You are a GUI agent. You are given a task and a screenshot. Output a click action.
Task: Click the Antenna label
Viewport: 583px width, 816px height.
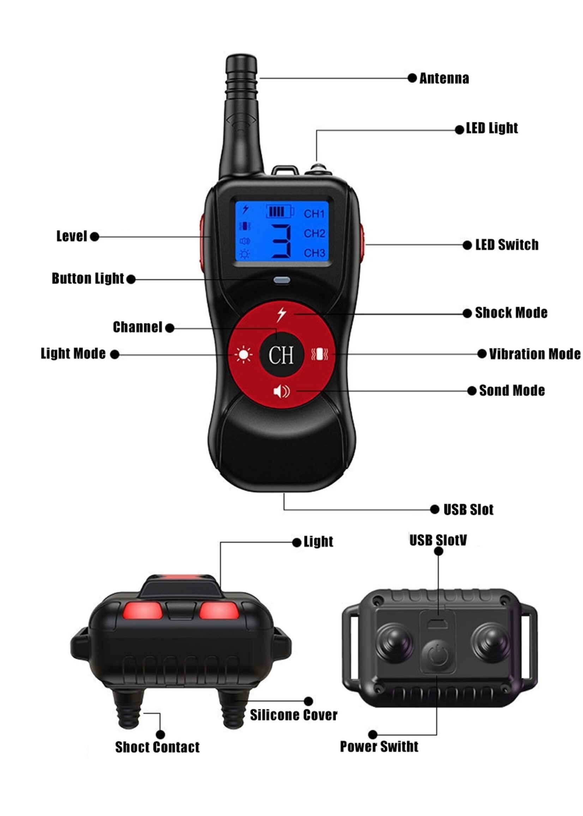pos(444,78)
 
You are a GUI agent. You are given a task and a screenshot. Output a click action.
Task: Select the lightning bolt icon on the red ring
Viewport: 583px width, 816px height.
pos(282,314)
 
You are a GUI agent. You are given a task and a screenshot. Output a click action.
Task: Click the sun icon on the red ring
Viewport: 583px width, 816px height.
pos(244,355)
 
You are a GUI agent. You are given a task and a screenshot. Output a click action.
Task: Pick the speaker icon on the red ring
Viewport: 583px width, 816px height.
pos(282,391)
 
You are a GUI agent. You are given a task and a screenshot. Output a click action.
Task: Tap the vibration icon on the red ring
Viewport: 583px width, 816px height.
pos(320,355)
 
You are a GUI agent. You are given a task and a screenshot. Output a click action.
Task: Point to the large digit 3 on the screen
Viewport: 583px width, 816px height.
pos(281,241)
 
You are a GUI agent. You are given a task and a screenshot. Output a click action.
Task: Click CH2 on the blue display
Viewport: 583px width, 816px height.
pos(314,234)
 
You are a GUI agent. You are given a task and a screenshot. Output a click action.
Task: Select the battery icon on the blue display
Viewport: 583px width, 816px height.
pos(280,211)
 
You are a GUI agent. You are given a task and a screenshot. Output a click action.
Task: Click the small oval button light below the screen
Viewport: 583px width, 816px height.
pos(282,280)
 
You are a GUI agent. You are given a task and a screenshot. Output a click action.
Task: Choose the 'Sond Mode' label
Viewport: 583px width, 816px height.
pos(512,391)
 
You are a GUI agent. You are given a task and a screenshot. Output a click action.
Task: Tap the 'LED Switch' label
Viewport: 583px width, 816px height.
pos(507,245)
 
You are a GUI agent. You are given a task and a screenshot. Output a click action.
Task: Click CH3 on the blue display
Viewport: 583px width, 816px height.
pos(314,253)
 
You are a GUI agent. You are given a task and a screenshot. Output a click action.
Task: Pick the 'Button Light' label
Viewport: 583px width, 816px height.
pos(88,278)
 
